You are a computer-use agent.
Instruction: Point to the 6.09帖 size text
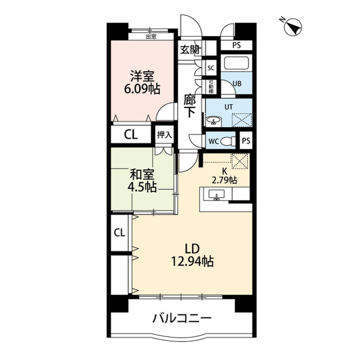coord(142,89)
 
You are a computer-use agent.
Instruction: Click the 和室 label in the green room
coord(141,174)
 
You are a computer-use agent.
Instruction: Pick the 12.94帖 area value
coord(192,261)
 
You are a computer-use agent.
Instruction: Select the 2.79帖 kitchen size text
coord(224,180)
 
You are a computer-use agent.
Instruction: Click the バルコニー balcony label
coord(182,319)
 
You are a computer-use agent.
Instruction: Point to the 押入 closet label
coord(164,135)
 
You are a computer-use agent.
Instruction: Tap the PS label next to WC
coord(246,141)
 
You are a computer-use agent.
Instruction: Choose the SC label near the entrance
coord(211,68)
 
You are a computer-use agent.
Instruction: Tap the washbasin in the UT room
coord(214,120)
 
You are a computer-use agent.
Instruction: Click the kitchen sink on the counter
coord(217,195)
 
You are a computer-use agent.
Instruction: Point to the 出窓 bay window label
coord(151,37)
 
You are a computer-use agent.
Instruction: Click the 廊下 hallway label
coord(191,105)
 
